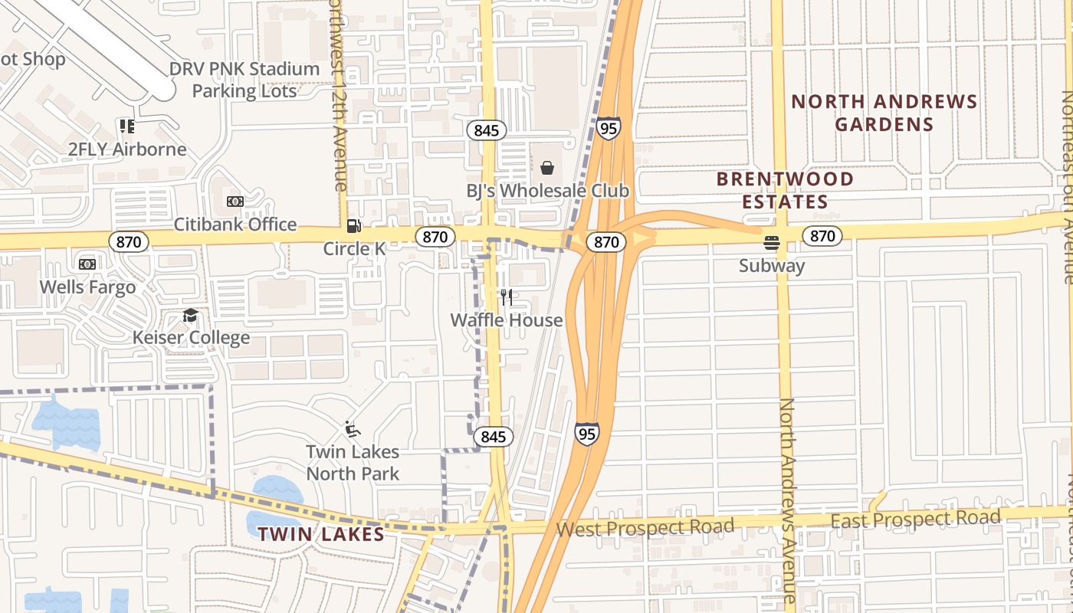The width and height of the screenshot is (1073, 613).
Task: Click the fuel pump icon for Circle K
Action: click(x=353, y=225)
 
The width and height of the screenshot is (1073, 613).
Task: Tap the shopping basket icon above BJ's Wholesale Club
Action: click(x=547, y=167)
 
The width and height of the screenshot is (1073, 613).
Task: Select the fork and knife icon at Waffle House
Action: click(x=506, y=297)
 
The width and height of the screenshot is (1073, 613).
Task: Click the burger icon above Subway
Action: click(x=772, y=244)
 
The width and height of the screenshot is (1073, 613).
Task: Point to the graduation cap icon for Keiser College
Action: click(x=190, y=316)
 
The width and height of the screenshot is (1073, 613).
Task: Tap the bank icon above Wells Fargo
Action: click(x=87, y=264)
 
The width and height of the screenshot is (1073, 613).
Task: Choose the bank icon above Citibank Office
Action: click(x=235, y=202)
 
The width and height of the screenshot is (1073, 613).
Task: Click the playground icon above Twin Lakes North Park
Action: click(x=352, y=429)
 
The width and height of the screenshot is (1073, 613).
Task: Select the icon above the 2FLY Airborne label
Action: click(x=126, y=126)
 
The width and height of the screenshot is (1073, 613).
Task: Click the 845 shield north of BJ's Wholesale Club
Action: click(x=486, y=130)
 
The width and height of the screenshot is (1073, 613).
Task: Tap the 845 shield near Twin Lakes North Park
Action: click(x=494, y=437)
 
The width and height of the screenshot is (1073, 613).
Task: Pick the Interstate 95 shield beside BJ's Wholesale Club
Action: click(x=609, y=128)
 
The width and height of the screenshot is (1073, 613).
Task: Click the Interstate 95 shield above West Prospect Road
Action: click(x=586, y=434)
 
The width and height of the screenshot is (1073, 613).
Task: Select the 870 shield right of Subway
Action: click(x=822, y=236)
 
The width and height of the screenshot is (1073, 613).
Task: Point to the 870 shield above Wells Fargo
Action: click(x=128, y=242)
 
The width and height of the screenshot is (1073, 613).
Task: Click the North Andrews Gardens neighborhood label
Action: click(x=884, y=113)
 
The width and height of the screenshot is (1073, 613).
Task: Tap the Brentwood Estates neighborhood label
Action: click(x=784, y=190)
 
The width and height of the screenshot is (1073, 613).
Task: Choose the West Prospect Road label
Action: click(x=645, y=528)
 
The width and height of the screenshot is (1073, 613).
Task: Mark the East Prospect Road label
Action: click(x=916, y=520)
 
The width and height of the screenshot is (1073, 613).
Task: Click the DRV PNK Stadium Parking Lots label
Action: click(x=244, y=80)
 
